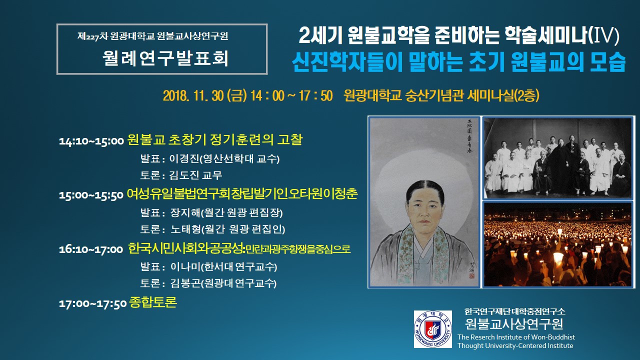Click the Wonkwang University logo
click(433, 329)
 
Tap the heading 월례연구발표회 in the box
click(165, 58)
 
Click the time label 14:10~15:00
click(91, 141)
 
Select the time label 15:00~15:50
click(91, 195)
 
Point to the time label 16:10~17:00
click(91, 249)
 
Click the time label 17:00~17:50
click(92, 303)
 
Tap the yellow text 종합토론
click(153, 302)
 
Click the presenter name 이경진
click(184, 158)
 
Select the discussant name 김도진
click(184, 175)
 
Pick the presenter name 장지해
click(185, 212)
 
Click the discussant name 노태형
click(186, 229)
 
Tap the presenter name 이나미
click(185, 266)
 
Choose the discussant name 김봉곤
click(185, 283)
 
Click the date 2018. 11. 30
click(193, 95)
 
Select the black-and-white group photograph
click(557, 158)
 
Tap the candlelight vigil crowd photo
click(557, 244)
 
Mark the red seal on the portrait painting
click(471, 275)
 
